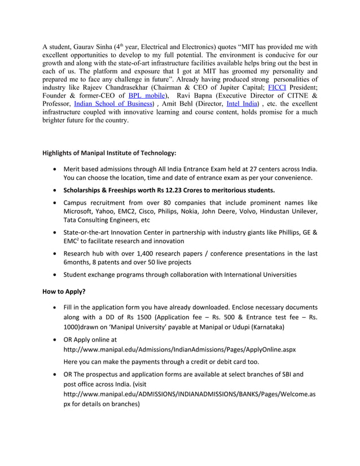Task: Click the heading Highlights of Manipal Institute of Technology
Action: point(109,153)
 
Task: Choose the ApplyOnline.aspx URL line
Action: point(179,349)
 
